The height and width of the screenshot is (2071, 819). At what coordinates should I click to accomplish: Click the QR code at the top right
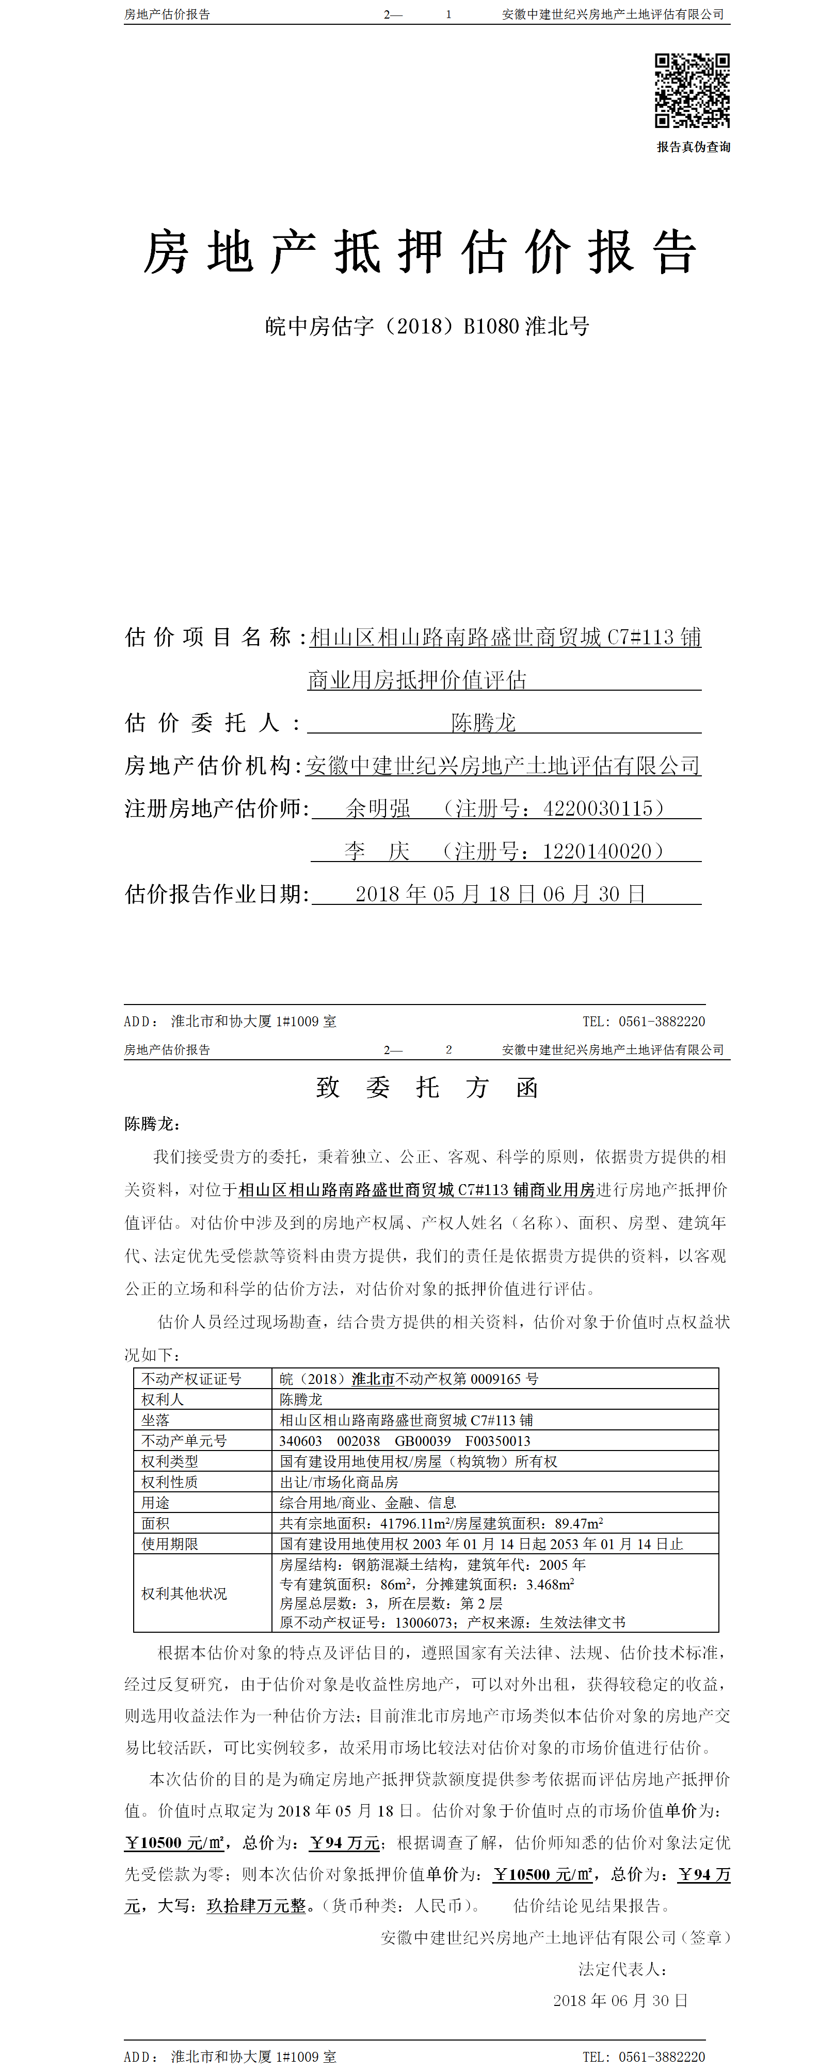coord(692,91)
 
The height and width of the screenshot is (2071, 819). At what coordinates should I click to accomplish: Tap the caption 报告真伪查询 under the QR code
coord(693,147)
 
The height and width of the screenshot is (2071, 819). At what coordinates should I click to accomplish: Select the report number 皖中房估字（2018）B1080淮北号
coord(427,326)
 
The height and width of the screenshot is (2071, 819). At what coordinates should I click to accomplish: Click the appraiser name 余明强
coord(378,808)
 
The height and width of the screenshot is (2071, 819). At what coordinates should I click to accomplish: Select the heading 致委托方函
coord(427,1088)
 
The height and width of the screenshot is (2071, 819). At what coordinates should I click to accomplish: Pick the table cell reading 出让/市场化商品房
coord(339,1481)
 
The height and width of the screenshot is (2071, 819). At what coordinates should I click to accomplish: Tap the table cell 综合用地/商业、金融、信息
coord(367,1503)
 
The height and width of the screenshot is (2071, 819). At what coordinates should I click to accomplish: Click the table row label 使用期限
coord(170,1543)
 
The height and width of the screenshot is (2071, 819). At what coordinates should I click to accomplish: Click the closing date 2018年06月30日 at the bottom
coord(620,2000)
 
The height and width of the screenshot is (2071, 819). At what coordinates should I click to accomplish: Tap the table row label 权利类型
coord(170,1461)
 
